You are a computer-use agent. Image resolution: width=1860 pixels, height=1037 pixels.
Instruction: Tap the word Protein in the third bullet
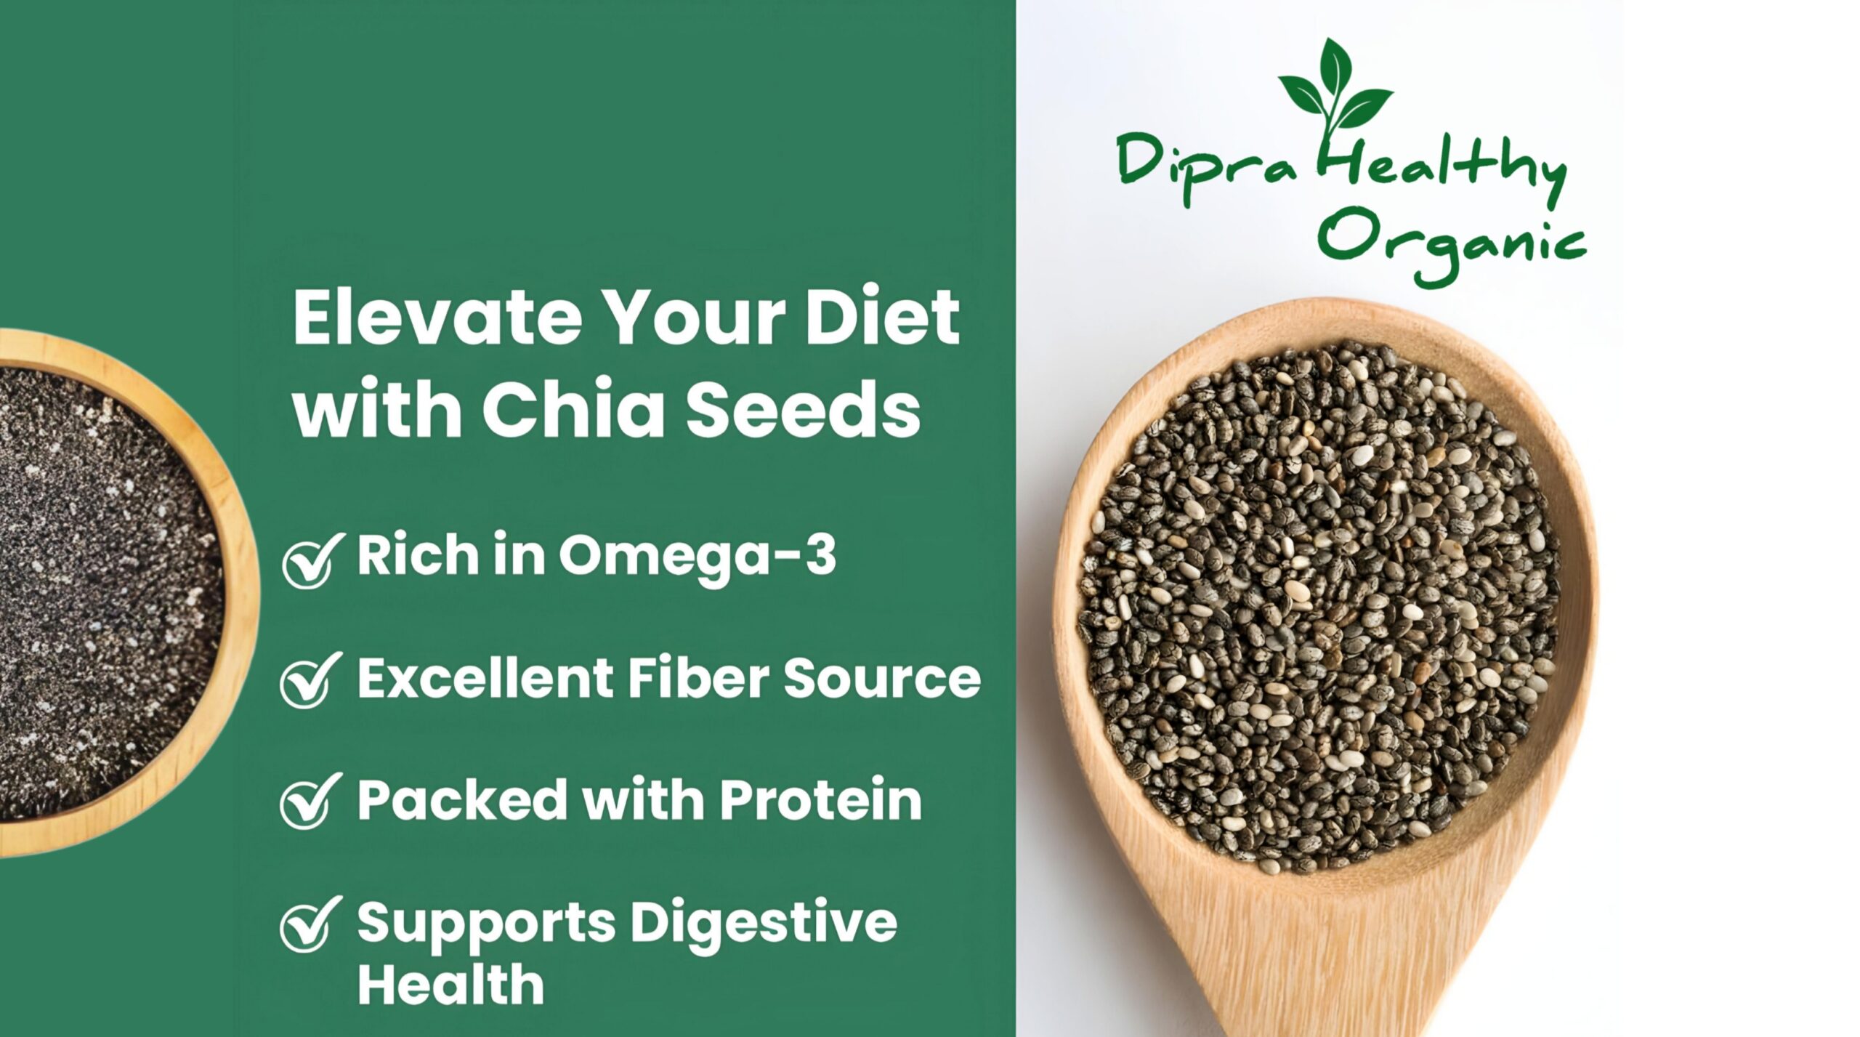tap(820, 799)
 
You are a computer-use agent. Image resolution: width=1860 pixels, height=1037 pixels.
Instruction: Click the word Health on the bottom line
tap(450, 984)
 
